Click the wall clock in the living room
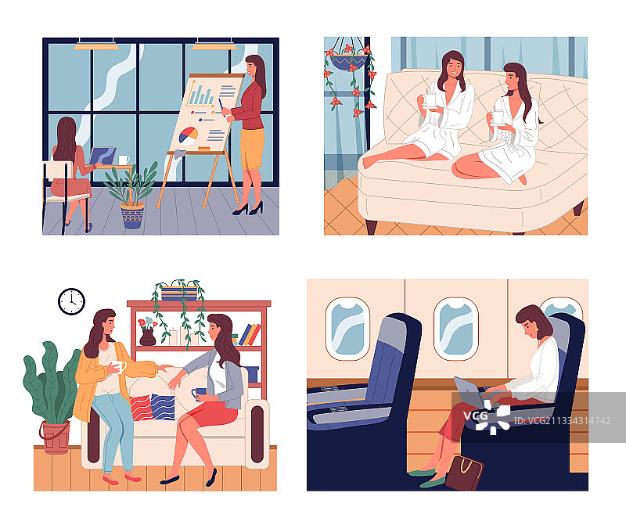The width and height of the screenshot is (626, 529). [x=71, y=301]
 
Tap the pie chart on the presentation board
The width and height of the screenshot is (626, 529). [x=188, y=135]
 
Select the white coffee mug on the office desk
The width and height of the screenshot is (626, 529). [x=124, y=160]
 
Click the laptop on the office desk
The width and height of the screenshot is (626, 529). [x=103, y=156]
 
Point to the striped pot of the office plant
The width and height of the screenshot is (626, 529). [x=132, y=216]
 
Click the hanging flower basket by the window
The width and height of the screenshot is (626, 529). [x=349, y=62]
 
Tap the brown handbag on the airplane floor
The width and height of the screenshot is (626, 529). [x=464, y=473]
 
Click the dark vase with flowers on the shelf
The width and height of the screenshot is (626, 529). [x=147, y=337]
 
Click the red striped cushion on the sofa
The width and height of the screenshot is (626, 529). [x=141, y=408]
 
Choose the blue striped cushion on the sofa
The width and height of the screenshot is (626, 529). [x=163, y=407]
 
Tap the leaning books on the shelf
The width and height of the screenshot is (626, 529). [x=250, y=335]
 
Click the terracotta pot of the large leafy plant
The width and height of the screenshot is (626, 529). [x=55, y=437]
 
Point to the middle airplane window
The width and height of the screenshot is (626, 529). [x=456, y=328]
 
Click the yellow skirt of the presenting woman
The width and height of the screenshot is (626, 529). [x=252, y=149]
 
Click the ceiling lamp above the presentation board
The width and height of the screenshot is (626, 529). [x=214, y=45]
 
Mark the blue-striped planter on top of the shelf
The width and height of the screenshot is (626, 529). [x=179, y=293]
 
